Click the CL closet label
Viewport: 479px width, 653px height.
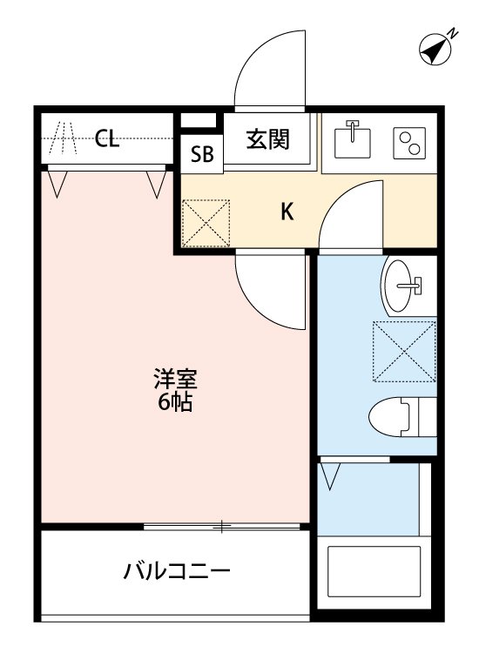coord(107,138)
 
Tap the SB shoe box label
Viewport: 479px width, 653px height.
coord(202,155)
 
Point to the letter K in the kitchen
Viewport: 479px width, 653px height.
coord(286,211)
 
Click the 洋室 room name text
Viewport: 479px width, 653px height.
coord(176,380)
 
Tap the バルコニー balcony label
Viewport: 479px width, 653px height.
coord(177,572)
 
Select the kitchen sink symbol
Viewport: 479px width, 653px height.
coord(353,139)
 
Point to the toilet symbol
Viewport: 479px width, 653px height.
coord(401,417)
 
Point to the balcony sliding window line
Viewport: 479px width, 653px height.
coord(223,526)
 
